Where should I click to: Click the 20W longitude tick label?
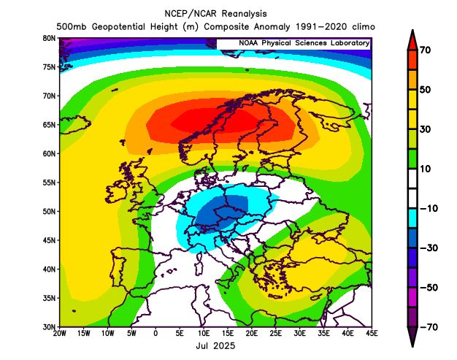(60, 334)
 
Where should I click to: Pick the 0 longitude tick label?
(155, 334)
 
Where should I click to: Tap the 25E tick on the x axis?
(276, 334)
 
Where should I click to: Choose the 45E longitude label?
(372, 334)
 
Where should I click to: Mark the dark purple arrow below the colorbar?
(411, 336)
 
